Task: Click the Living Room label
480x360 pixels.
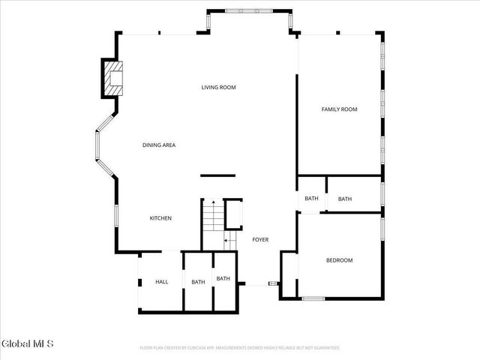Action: tap(218, 88)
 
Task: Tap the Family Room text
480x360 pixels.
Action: tap(339, 109)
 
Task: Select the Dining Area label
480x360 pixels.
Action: tap(159, 145)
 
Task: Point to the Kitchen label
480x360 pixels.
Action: tap(160, 218)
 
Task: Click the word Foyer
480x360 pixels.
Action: tap(259, 240)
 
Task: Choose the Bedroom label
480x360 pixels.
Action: tap(339, 260)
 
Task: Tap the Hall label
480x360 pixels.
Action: tap(161, 282)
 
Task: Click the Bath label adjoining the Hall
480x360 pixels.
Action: tap(198, 282)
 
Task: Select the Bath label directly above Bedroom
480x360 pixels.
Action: tap(345, 199)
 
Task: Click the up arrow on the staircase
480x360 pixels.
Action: tap(212, 202)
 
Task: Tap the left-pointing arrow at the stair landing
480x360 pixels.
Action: tap(227, 241)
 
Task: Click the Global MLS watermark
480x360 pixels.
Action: tap(28, 344)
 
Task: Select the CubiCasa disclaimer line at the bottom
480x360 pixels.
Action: tap(240, 348)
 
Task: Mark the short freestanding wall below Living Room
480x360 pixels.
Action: tap(217, 175)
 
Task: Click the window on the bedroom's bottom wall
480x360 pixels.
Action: tap(313, 298)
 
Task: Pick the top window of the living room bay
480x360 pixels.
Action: tap(250, 10)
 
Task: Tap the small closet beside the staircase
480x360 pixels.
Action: tap(233, 214)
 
